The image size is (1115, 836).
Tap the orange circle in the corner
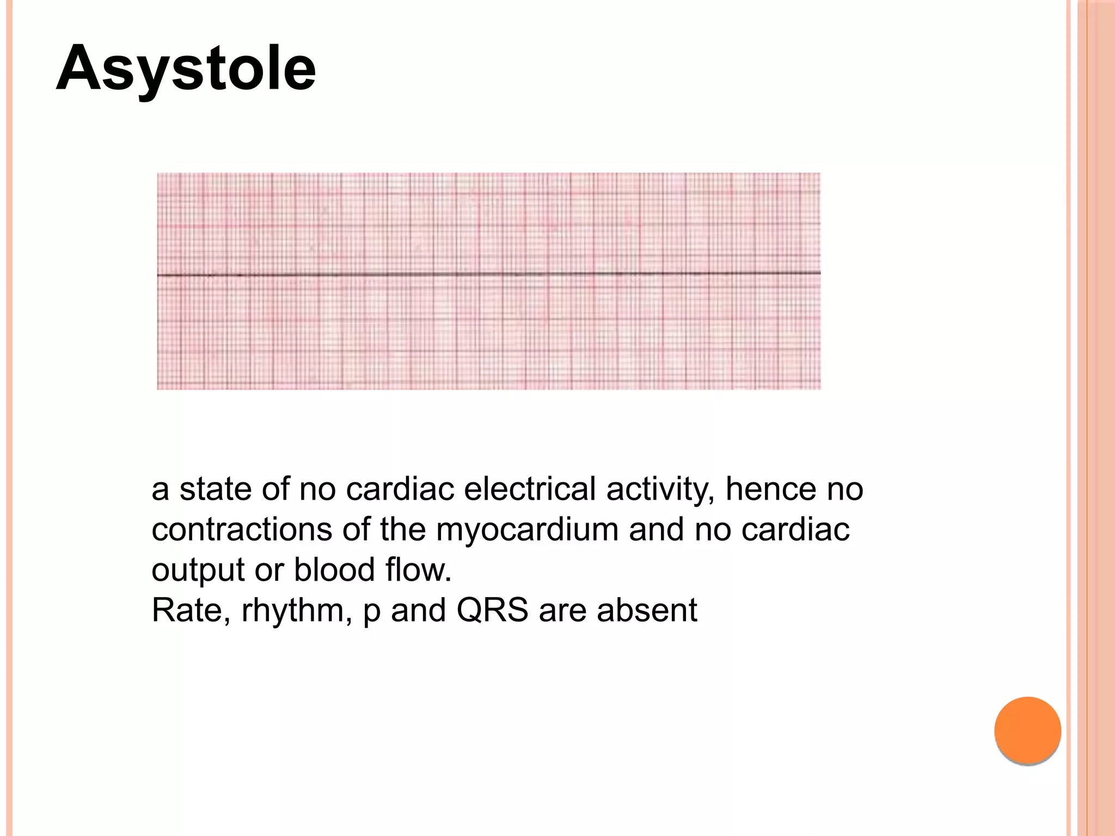point(1027,730)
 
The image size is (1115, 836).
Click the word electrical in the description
point(530,488)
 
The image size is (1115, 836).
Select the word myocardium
point(527,529)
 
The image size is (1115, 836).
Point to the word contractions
point(241,529)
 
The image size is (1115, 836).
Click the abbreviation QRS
point(492,610)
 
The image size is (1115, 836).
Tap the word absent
point(647,610)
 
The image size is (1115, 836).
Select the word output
point(198,570)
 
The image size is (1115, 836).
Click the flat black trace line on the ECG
point(488,274)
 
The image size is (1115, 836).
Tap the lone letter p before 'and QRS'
point(371,612)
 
